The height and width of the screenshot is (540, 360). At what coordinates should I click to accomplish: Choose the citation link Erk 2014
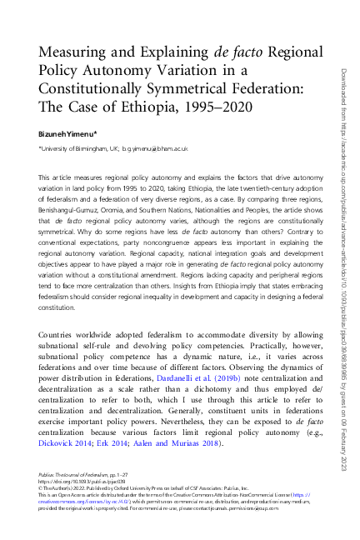coord(122,443)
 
